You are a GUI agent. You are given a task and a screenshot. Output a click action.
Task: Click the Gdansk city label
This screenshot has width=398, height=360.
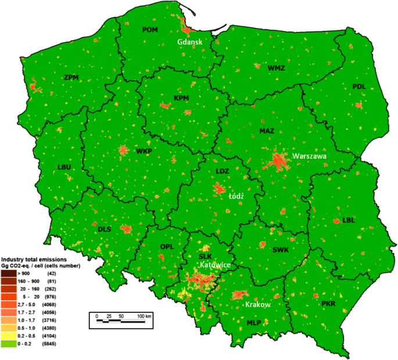[x=191, y=41]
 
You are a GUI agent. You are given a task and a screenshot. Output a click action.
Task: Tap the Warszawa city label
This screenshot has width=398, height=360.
[x=310, y=156]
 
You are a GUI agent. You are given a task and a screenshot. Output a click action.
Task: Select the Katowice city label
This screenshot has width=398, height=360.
[x=215, y=265]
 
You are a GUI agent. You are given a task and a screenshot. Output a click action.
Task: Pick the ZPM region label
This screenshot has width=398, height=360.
[x=71, y=77]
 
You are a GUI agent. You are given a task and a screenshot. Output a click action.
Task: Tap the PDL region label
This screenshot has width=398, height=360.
[x=359, y=87]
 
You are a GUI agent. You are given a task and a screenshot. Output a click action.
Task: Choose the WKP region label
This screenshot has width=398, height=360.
[x=144, y=151]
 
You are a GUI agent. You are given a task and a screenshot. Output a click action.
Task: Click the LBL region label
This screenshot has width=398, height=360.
[x=349, y=220]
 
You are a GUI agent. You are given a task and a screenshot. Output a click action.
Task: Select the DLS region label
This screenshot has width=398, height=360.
[x=104, y=229]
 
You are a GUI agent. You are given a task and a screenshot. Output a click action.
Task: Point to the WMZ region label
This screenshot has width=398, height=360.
[x=277, y=68]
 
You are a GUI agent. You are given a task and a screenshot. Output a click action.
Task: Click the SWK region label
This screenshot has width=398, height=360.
[x=280, y=250]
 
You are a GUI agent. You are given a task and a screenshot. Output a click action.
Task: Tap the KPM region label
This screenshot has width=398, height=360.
[x=181, y=98]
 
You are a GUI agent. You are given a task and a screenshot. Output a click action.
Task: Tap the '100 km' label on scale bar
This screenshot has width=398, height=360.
[x=144, y=316]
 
